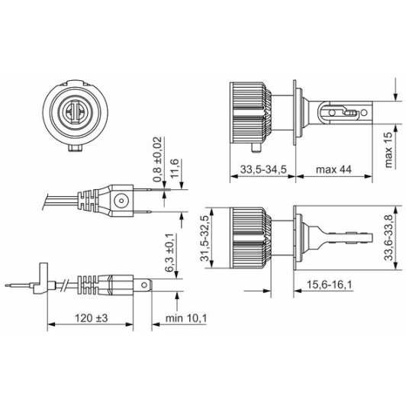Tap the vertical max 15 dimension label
click(388, 150)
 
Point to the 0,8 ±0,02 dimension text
click(158, 160)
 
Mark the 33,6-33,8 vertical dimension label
click(388, 238)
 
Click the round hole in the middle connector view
click(121, 201)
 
